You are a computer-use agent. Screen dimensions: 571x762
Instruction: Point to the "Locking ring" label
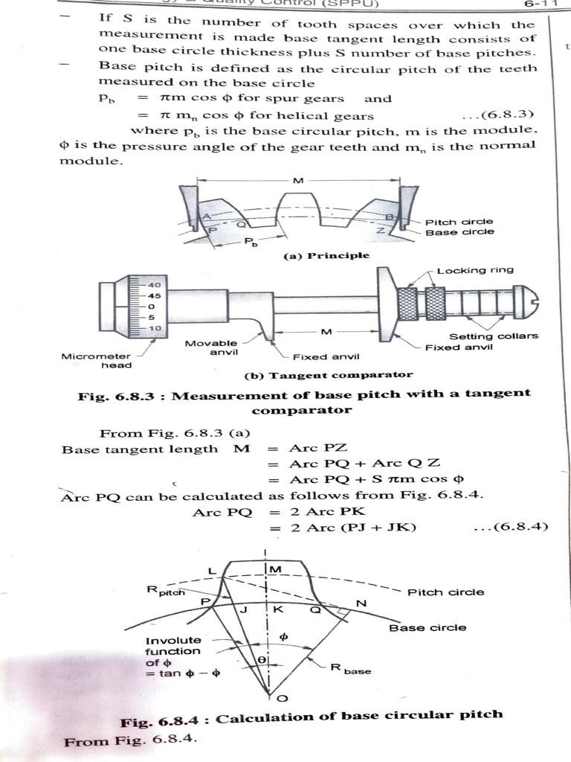click(x=474, y=270)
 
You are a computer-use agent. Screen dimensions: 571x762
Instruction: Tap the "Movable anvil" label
click(x=211, y=348)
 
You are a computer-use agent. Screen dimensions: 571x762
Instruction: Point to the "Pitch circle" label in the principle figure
click(x=459, y=222)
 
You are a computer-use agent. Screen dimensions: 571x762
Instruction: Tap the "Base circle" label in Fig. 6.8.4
click(x=428, y=627)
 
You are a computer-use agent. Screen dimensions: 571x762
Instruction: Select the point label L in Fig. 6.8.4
click(x=212, y=571)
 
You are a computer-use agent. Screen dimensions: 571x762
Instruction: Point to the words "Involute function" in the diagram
click(x=172, y=646)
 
